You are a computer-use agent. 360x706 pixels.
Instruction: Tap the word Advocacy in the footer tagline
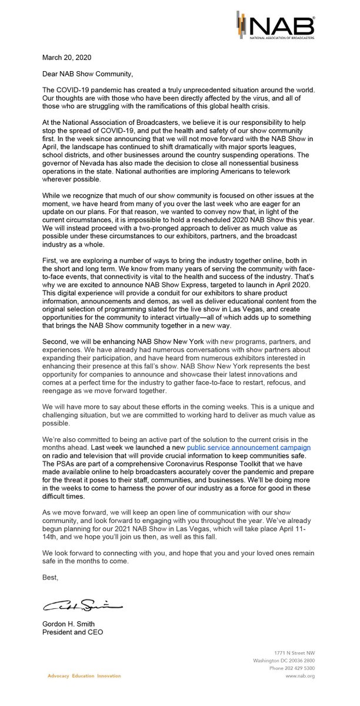point(59,676)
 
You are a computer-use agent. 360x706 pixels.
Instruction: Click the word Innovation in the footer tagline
point(109,676)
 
